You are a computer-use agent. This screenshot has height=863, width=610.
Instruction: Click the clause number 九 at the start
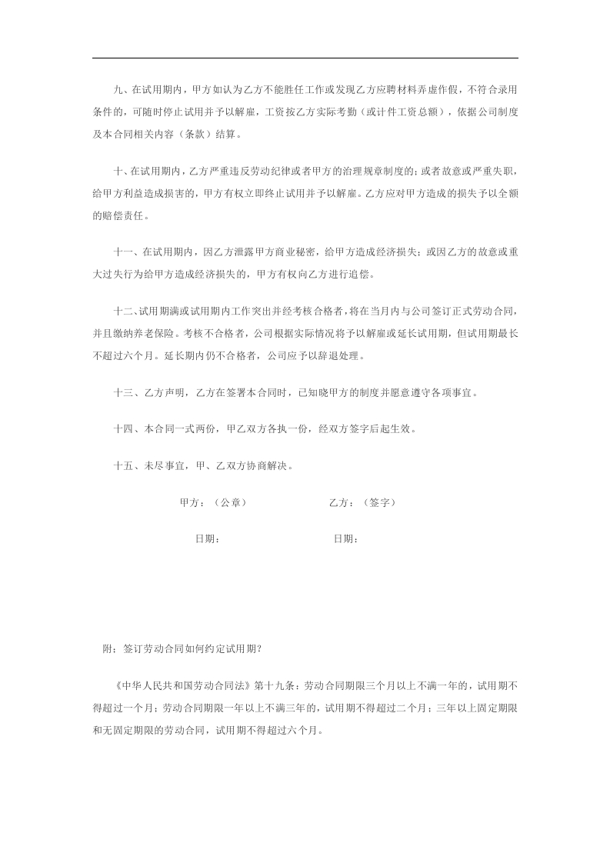point(118,89)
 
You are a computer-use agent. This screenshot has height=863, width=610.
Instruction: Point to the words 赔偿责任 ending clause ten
point(122,215)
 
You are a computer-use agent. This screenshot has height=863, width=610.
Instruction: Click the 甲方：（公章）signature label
point(213,502)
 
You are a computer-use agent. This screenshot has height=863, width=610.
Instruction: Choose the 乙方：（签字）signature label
point(362,502)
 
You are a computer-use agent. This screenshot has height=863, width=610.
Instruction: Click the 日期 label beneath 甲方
point(208,539)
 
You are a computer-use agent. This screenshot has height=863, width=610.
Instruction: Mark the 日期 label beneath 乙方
point(345,539)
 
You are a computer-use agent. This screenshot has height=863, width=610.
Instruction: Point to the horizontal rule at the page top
point(305,58)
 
